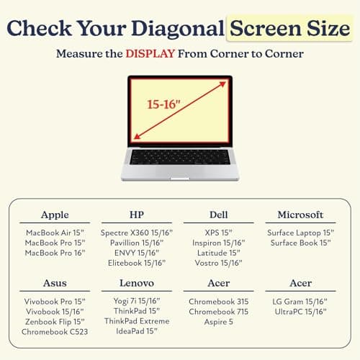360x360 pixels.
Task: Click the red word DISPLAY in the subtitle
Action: click(x=150, y=53)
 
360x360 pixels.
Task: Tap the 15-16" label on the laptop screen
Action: click(x=163, y=104)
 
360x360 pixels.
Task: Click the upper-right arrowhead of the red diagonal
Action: click(x=223, y=84)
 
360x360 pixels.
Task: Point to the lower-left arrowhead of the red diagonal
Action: click(x=137, y=136)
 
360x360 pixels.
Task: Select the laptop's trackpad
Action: click(x=180, y=171)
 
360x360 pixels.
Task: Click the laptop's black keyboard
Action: click(x=180, y=157)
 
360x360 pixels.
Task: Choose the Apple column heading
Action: click(x=55, y=215)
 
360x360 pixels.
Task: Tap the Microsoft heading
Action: click(x=300, y=215)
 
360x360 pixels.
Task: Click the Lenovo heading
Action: click(x=137, y=283)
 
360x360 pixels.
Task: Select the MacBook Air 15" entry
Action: click(x=55, y=233)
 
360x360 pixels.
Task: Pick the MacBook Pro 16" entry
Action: click(x=55, y=253)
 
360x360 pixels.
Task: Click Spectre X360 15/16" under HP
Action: click(x=137, y=233)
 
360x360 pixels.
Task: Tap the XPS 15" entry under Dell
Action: click(x=218, y=233)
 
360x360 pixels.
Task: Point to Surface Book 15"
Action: click(x=300, y=243)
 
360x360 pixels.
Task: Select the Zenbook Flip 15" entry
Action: click(x=55, y=322)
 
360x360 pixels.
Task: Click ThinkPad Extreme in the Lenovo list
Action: click(x=137, y=321)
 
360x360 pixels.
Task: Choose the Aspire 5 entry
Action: click(x=219, y=322)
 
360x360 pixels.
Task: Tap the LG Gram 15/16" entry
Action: click(x=300, y=302)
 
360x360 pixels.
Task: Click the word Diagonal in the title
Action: click(x=178, y=29)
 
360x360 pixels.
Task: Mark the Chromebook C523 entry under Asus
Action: click(x=55, y=332)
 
